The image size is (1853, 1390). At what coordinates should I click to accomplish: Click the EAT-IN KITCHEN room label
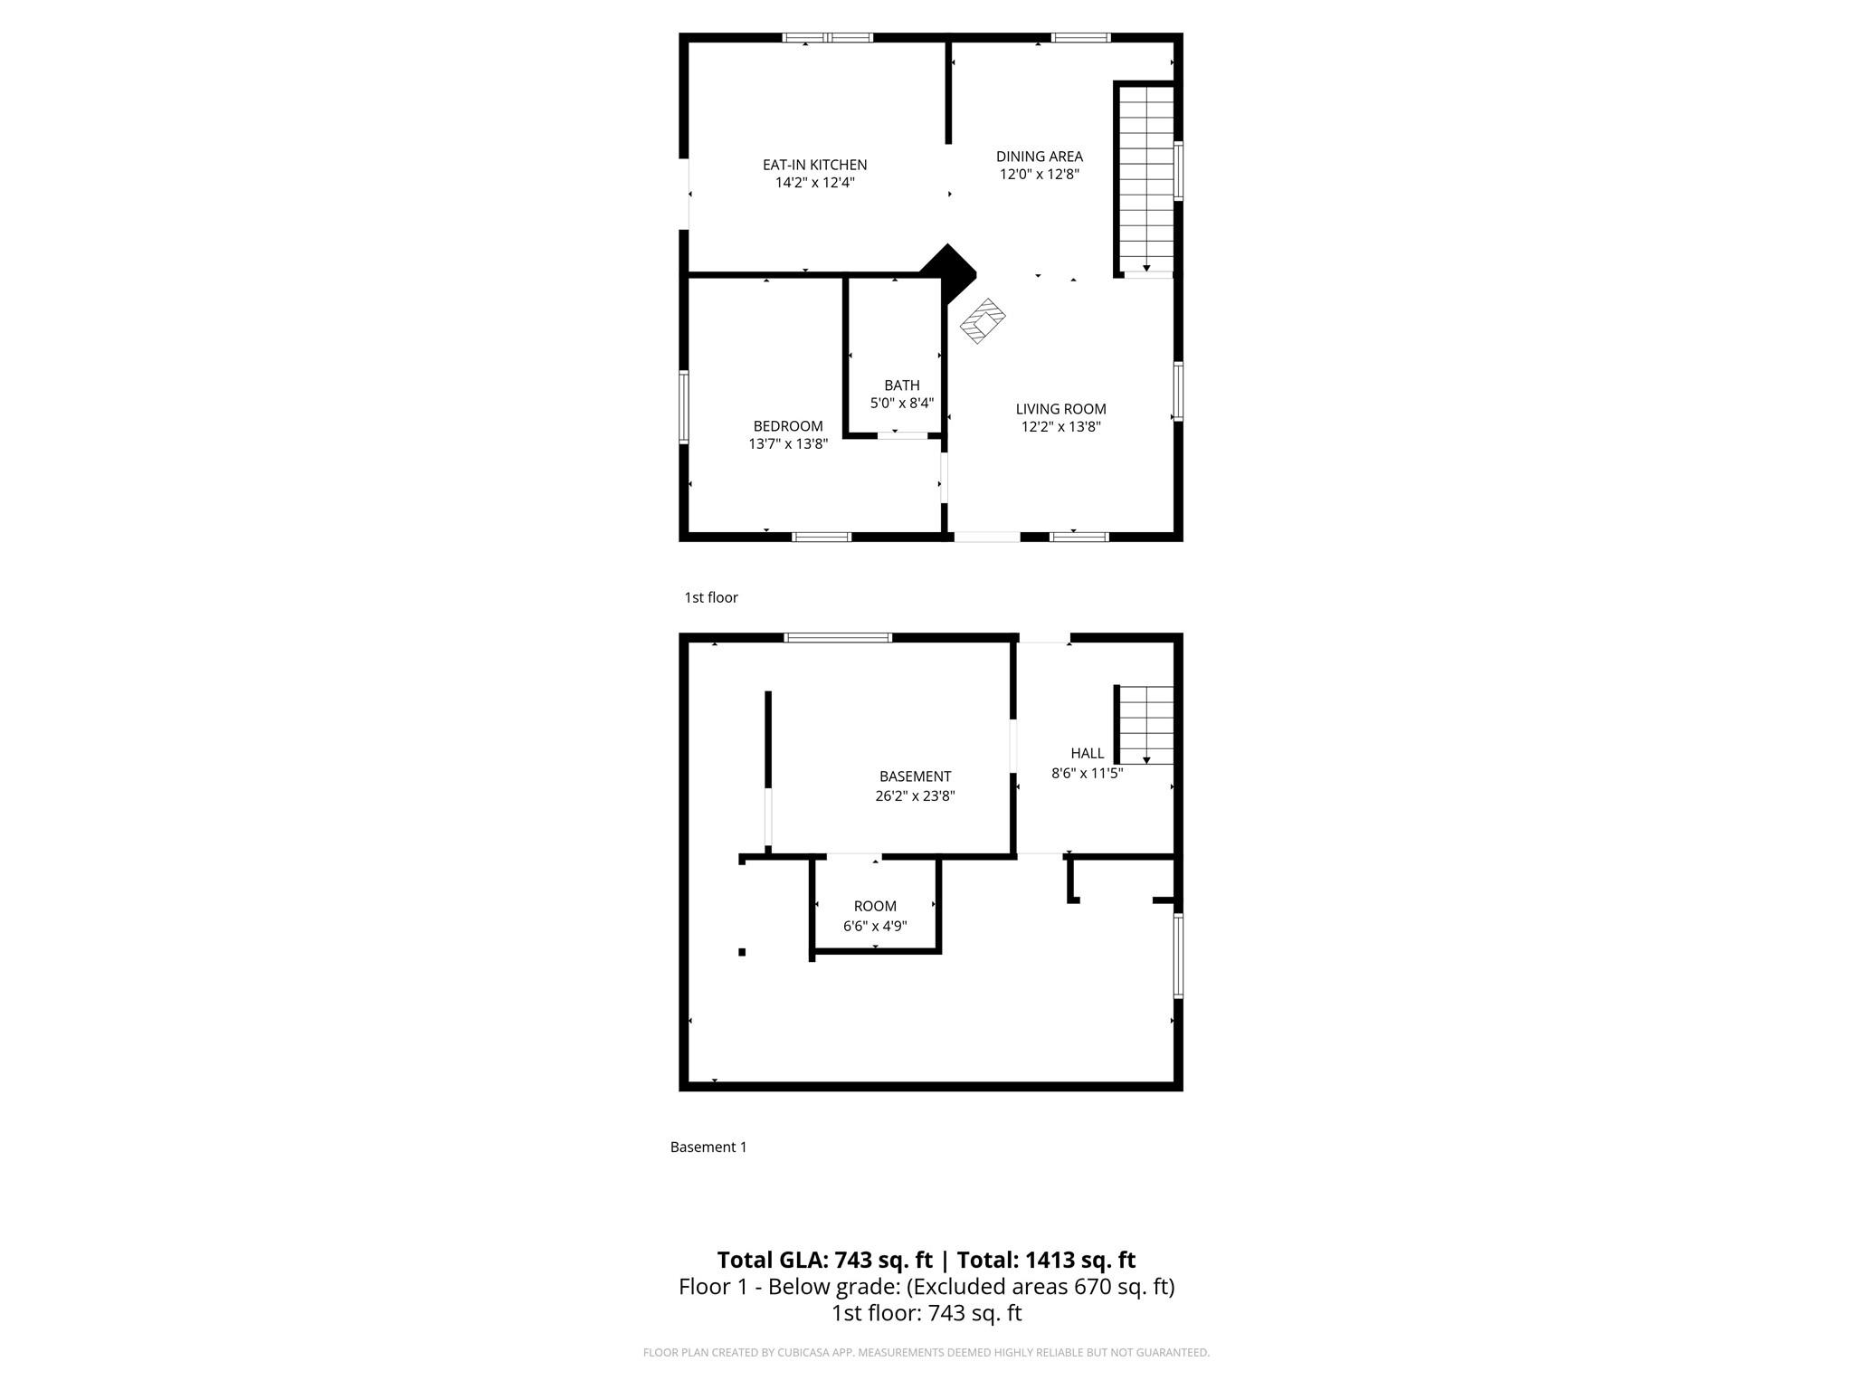click(814, 165)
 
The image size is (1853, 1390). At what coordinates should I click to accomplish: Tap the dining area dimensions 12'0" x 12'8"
click(1039, 175)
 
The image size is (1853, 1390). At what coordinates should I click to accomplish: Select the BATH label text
click(901, 386)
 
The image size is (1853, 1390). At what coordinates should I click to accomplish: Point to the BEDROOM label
click(788, 426)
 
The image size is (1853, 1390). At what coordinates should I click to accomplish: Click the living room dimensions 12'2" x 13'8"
click(1060, 427)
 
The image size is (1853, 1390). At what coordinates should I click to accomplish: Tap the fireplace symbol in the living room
click(983, 320)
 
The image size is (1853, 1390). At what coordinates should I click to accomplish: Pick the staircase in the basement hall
click(1145, 724)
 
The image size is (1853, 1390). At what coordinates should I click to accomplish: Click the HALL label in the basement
click(1087, 753)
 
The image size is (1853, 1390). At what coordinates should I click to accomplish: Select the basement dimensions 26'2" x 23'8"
click(915, 796)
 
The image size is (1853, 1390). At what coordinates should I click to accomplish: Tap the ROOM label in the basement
click(875, 906)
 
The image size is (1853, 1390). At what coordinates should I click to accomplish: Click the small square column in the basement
click(742, 952)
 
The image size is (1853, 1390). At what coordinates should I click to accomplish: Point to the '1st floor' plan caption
click(711, 597)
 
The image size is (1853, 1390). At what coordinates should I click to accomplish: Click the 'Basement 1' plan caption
click(708, 1147)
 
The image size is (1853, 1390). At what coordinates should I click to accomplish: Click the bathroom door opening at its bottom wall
click(902, 436)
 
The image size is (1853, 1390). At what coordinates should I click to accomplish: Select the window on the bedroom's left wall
click(684, 406)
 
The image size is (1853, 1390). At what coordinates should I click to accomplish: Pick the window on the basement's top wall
click(838, 638)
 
